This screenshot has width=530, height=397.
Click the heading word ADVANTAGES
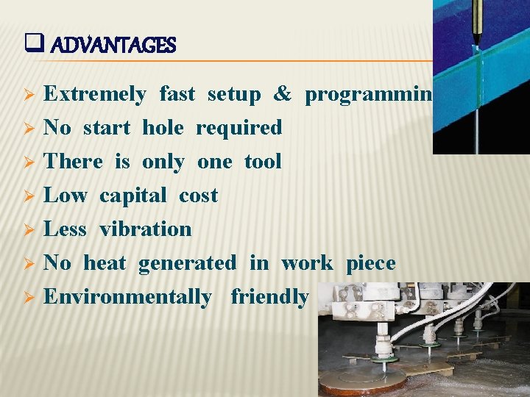point(114,46)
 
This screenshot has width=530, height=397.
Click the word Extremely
point(95,94)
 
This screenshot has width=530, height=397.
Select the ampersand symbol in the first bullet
point(282,94)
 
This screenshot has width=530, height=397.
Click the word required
point(239,128)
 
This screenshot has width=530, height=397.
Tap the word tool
point(263,162)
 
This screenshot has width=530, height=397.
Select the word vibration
point(146,229)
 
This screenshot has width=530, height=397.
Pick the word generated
point(187,263)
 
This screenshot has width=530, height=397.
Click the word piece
point(371,263)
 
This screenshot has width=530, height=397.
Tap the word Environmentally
point(127,297)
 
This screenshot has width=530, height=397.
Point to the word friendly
point(269,297)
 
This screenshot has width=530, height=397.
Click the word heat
point(105,263)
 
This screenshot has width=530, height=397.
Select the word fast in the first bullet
point(177,94)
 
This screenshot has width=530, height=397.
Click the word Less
point(66,229)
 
